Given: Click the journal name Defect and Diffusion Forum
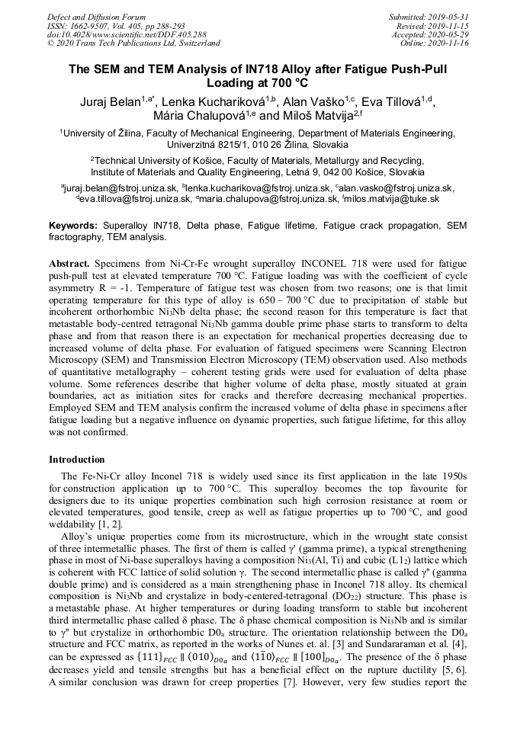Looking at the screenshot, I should (96, 17).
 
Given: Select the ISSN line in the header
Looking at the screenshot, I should (114, 26).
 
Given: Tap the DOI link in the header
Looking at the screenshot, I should (127, 34).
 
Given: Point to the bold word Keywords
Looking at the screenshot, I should (72, 226).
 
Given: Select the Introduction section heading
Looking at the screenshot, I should (77, 460).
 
